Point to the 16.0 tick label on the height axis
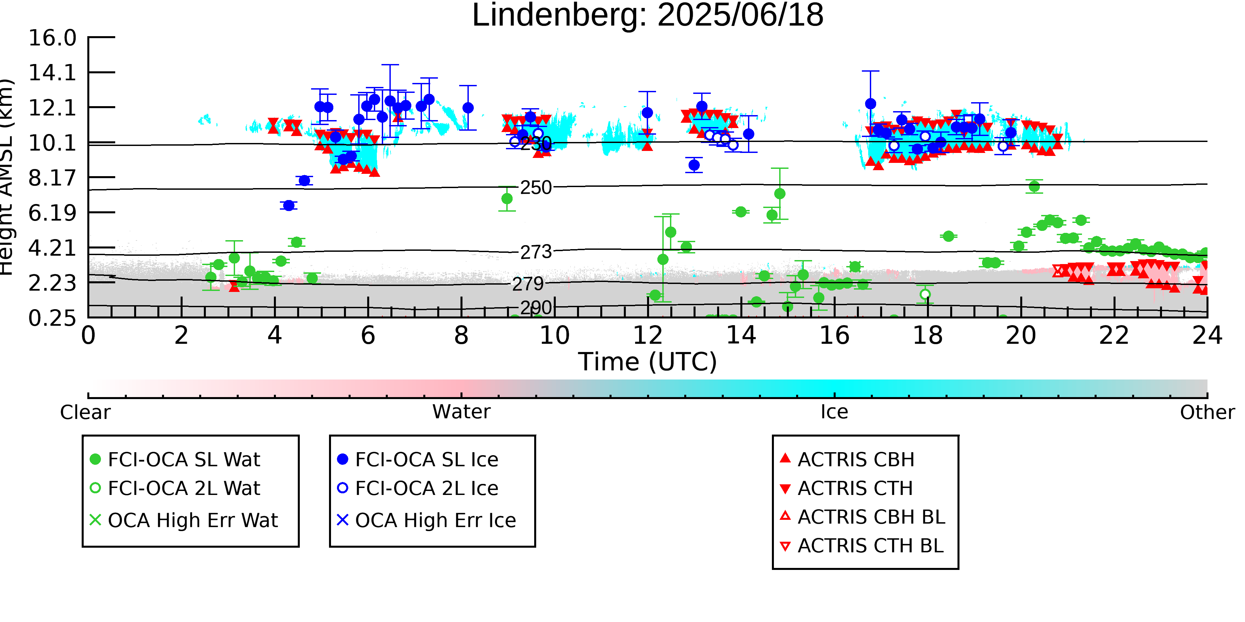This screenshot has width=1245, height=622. click(x=52, y=38)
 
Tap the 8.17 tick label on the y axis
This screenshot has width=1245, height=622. click(x=52, y=178)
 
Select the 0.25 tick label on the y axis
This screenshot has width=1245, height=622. click(x=52, y=318)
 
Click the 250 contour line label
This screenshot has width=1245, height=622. click(x=536, y=188)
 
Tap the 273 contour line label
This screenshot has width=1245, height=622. click(x=536, y=252)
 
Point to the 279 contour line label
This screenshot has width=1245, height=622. click(x=528, y=284)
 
